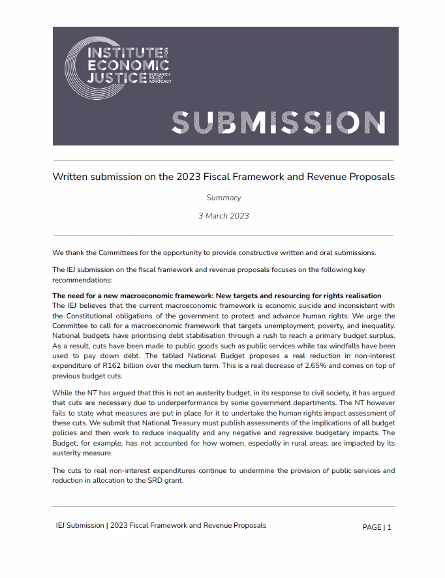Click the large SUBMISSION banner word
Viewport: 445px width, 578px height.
[x=277, y=122]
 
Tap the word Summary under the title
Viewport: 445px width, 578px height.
[x=223, y=198]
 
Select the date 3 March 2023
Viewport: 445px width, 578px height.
[x=223, y=215]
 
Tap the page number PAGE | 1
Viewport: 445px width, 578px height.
[x=376, y=527]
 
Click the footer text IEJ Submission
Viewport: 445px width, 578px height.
[x=80, y=525]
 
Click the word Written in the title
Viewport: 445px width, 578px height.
[x=69, y=177]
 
